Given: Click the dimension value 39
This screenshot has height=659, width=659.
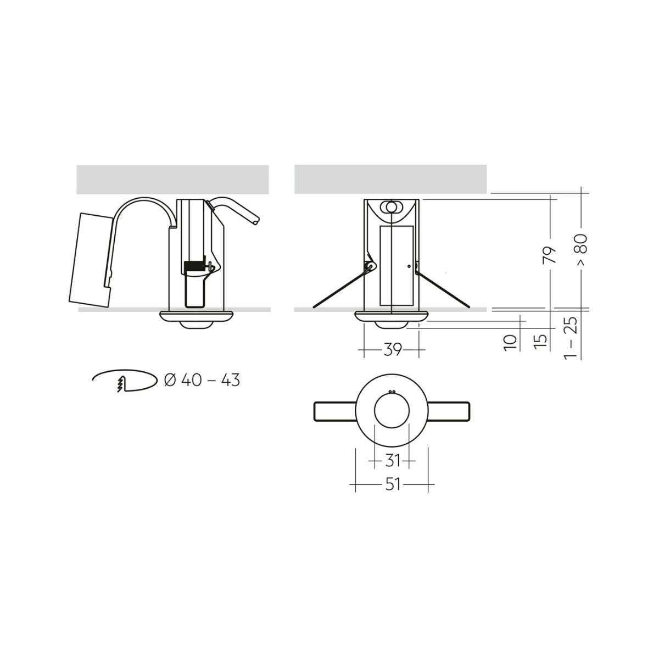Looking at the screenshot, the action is pos(392,349).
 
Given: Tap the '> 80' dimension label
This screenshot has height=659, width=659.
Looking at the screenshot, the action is pos(581,250).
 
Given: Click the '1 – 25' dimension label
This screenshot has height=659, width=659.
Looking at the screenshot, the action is pos(571,338).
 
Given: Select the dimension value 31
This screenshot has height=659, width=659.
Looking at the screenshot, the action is pos(393,461).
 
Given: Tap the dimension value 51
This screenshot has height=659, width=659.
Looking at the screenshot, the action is pos(393,484).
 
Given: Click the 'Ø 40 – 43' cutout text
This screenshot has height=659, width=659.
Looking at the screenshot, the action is pos(202,380).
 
